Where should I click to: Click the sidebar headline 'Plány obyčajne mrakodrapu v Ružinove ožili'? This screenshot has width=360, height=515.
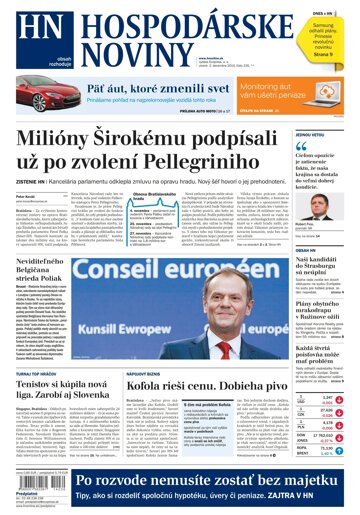click(322, 312)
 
